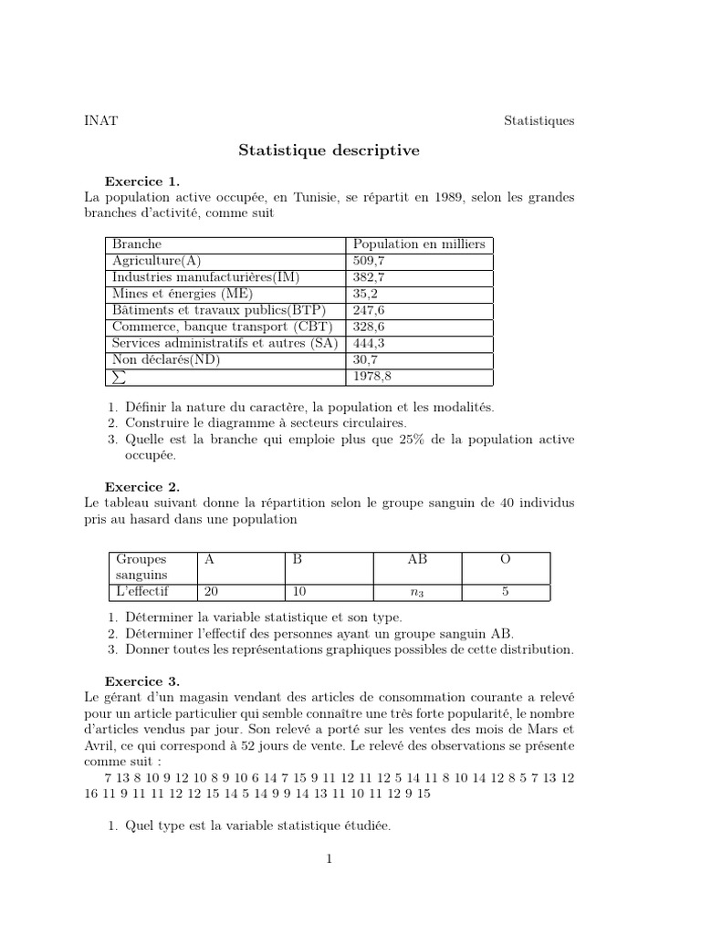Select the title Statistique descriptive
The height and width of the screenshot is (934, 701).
pos(329,151)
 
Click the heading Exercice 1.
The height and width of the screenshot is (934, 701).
pos(142,181)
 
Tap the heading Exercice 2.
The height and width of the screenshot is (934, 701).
pos(142,487)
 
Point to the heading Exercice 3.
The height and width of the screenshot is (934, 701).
pos(142,680)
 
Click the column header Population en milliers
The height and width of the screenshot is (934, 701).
pos(419,244)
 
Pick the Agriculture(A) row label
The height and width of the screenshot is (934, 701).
pos(156,261)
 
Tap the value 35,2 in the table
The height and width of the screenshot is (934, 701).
pos(365,294)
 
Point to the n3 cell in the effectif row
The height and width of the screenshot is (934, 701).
pos(417,593)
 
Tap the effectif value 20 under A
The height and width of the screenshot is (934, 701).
pos(212,592)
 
